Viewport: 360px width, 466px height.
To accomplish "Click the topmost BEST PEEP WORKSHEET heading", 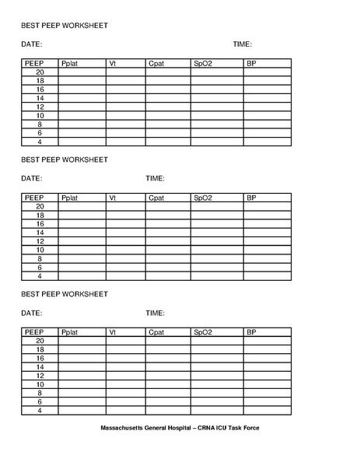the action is point(65,26).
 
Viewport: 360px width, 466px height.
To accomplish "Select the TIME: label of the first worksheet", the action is point(242,44).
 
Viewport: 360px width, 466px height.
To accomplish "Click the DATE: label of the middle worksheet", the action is point(31,178).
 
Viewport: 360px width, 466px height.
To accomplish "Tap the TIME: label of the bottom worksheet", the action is point(155,313).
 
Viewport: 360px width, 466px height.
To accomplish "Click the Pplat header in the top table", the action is point(70,63).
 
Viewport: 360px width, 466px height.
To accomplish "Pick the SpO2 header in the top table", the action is point(203,63).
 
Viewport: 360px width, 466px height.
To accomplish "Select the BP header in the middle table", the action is point(251,198).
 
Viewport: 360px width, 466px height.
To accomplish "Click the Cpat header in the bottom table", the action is point(156,332).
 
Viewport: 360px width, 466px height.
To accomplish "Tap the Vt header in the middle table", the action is point(113,198).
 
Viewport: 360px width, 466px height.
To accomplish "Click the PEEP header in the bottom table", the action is point(34,332).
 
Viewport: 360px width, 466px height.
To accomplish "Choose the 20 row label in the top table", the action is point(40,72).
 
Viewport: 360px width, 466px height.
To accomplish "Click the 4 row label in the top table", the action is point(40,142).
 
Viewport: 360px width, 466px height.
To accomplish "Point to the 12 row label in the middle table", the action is point(40,241).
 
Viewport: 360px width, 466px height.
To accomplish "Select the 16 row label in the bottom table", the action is point(40,358).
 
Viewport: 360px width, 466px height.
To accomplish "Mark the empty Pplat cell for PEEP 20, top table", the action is point(82,72).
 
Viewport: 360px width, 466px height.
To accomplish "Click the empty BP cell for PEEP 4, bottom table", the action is point(267,411).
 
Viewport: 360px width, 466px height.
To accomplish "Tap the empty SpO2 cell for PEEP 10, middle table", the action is point(217,250).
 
